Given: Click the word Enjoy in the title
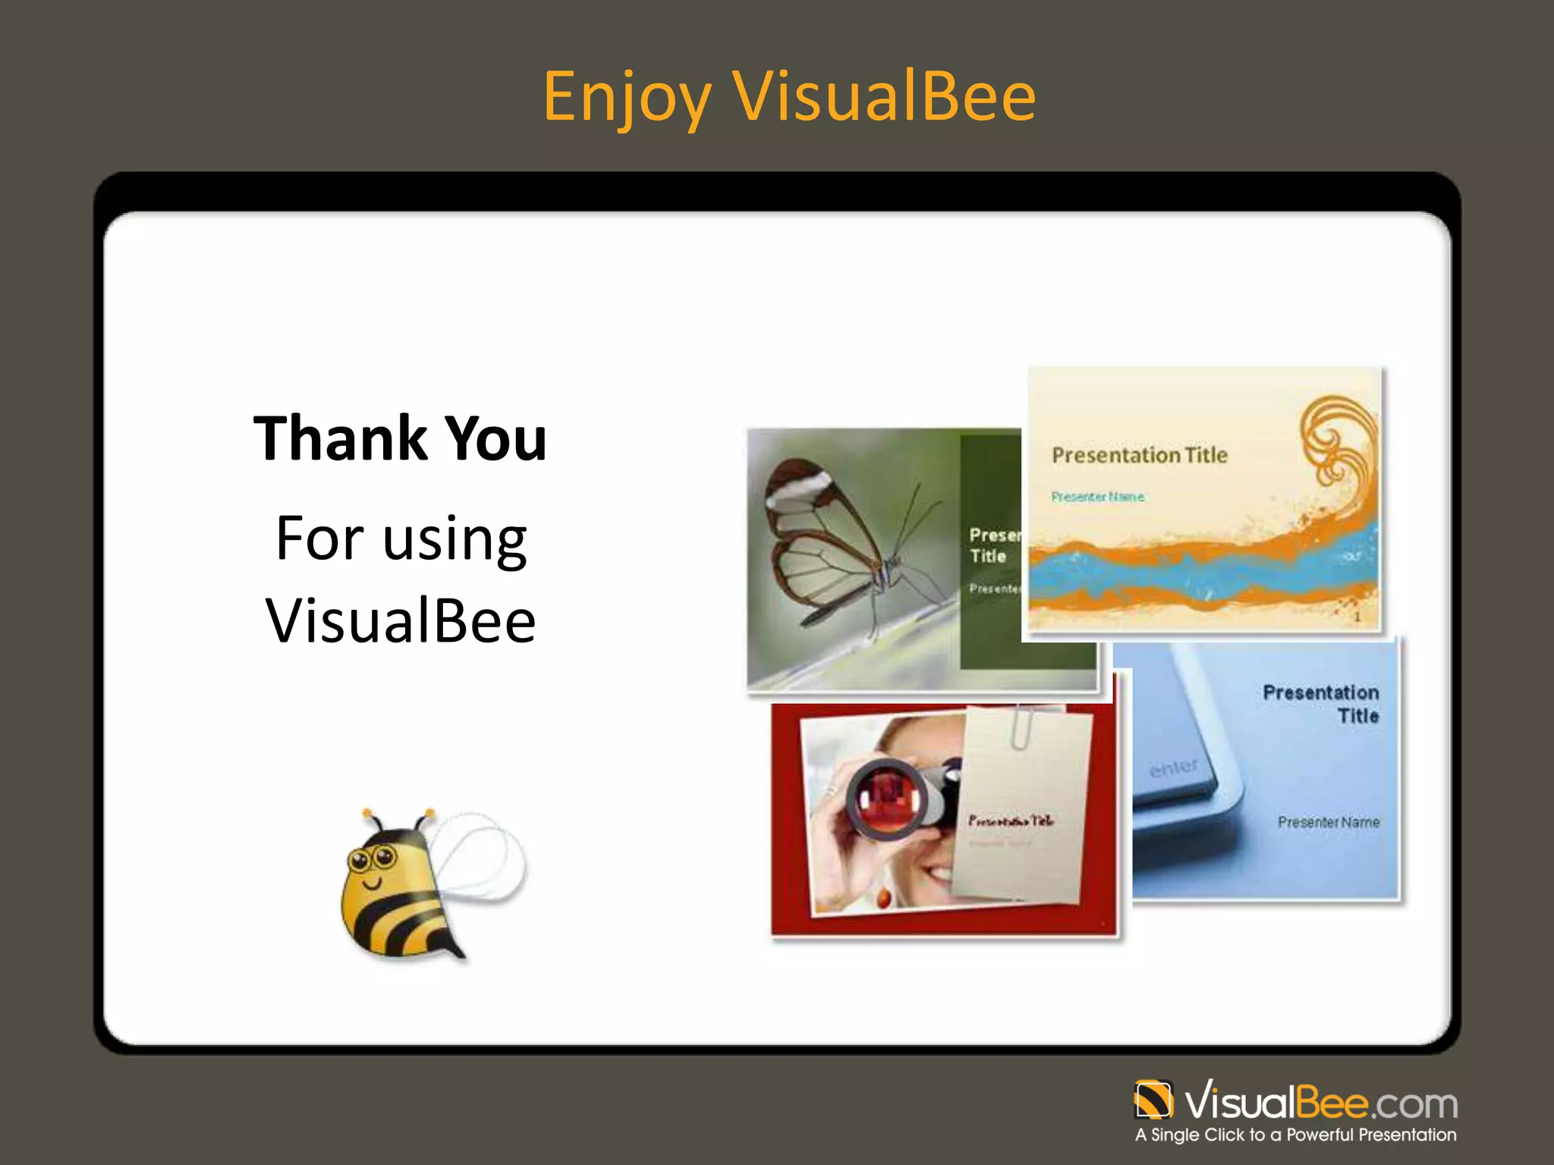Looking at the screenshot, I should [627, 97].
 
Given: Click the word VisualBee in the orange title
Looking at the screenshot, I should [884, 97].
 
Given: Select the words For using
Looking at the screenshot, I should [401, 539].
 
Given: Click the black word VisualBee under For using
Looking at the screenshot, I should [401, 620].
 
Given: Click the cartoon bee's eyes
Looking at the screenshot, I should [372, 859].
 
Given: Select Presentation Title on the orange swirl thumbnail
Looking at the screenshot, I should [1139, 455].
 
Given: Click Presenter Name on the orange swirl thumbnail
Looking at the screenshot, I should [1097, 497].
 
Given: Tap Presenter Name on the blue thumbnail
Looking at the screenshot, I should [1328, 822].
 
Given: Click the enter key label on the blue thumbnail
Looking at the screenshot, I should [1173, 768].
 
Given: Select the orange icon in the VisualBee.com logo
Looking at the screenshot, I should [1153, 1100].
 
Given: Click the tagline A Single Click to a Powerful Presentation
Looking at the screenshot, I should [1295, 1135].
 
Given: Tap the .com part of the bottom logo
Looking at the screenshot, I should [1414, 1104].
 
